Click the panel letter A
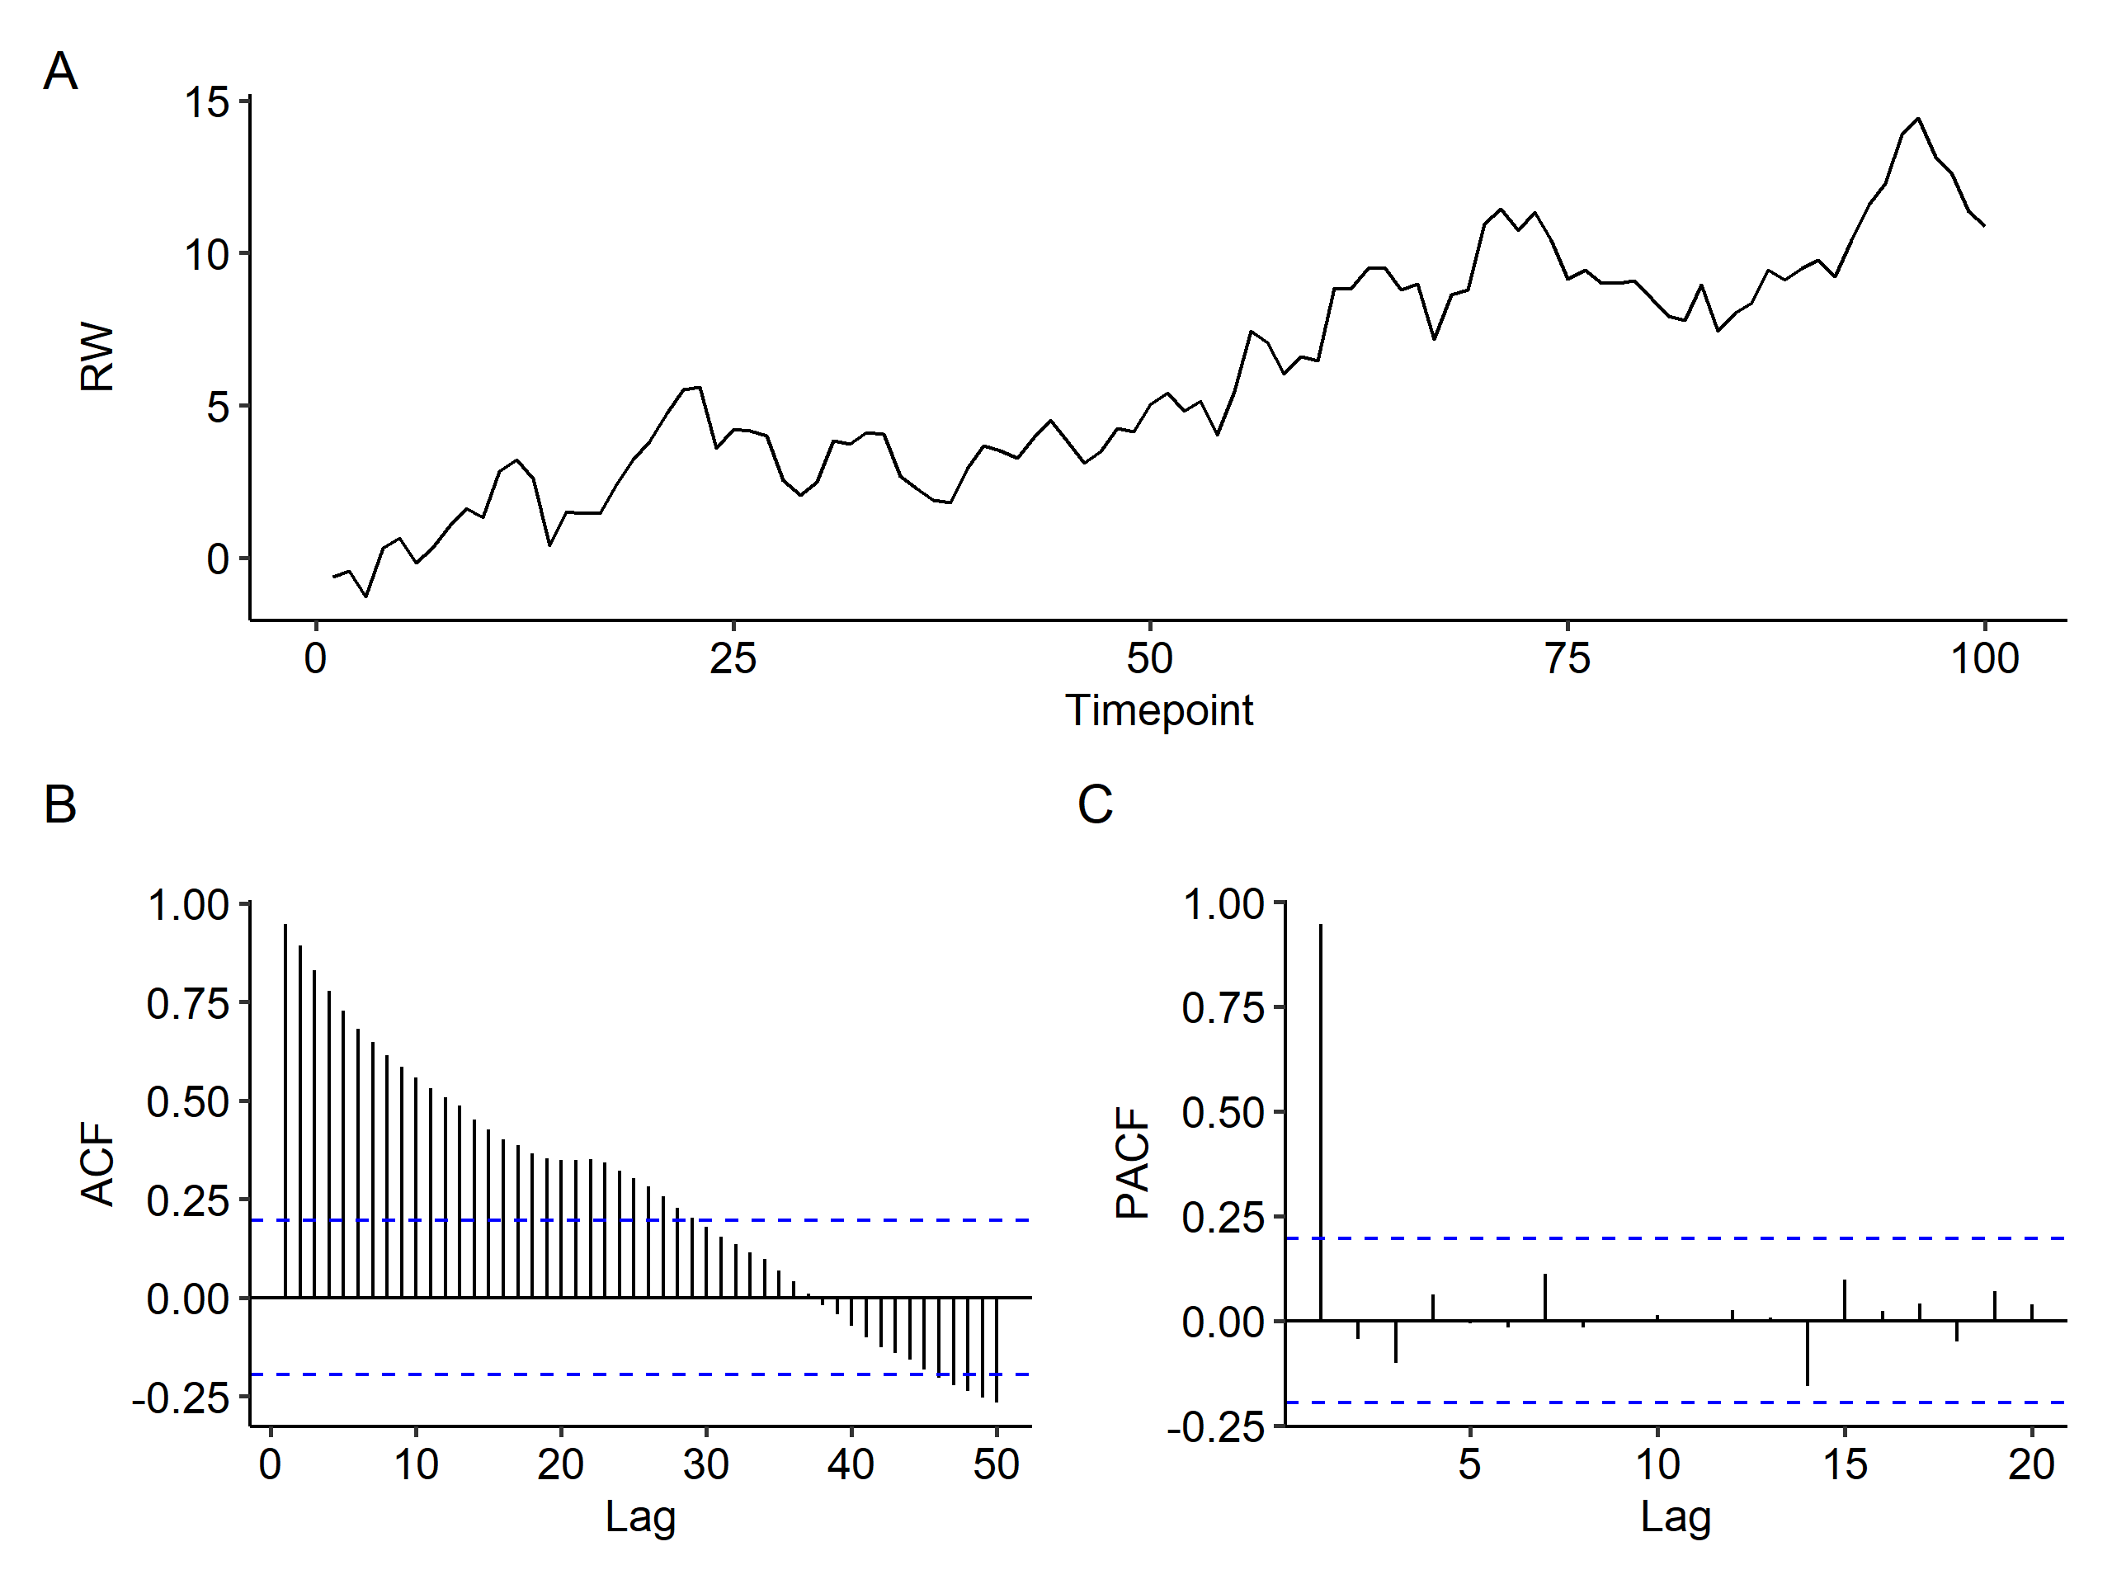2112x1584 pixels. click(60, 72)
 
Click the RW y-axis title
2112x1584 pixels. click(97, 356)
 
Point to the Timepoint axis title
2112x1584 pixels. click(1158, 710)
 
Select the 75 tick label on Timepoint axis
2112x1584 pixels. click(1567, 659)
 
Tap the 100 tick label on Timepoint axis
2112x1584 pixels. click(1984, 659)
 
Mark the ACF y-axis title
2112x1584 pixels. click(97, 1164)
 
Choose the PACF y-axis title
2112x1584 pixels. click(1133, 1163)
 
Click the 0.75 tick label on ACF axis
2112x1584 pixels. click(188, 1003)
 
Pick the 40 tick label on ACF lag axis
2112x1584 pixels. click(851, 1464)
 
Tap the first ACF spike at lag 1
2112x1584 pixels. click(285, 1107)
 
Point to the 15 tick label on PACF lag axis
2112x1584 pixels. click(1845, 1464)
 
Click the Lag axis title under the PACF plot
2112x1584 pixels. click(1675, 1516)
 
